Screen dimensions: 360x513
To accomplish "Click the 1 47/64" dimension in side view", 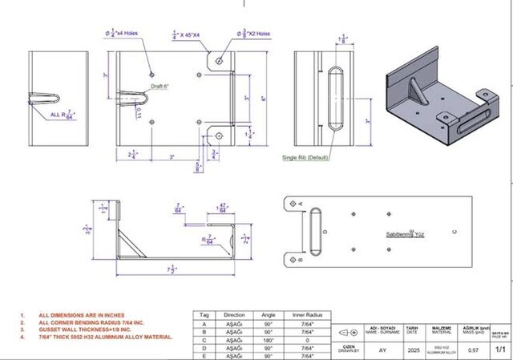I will coord(220,211).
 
